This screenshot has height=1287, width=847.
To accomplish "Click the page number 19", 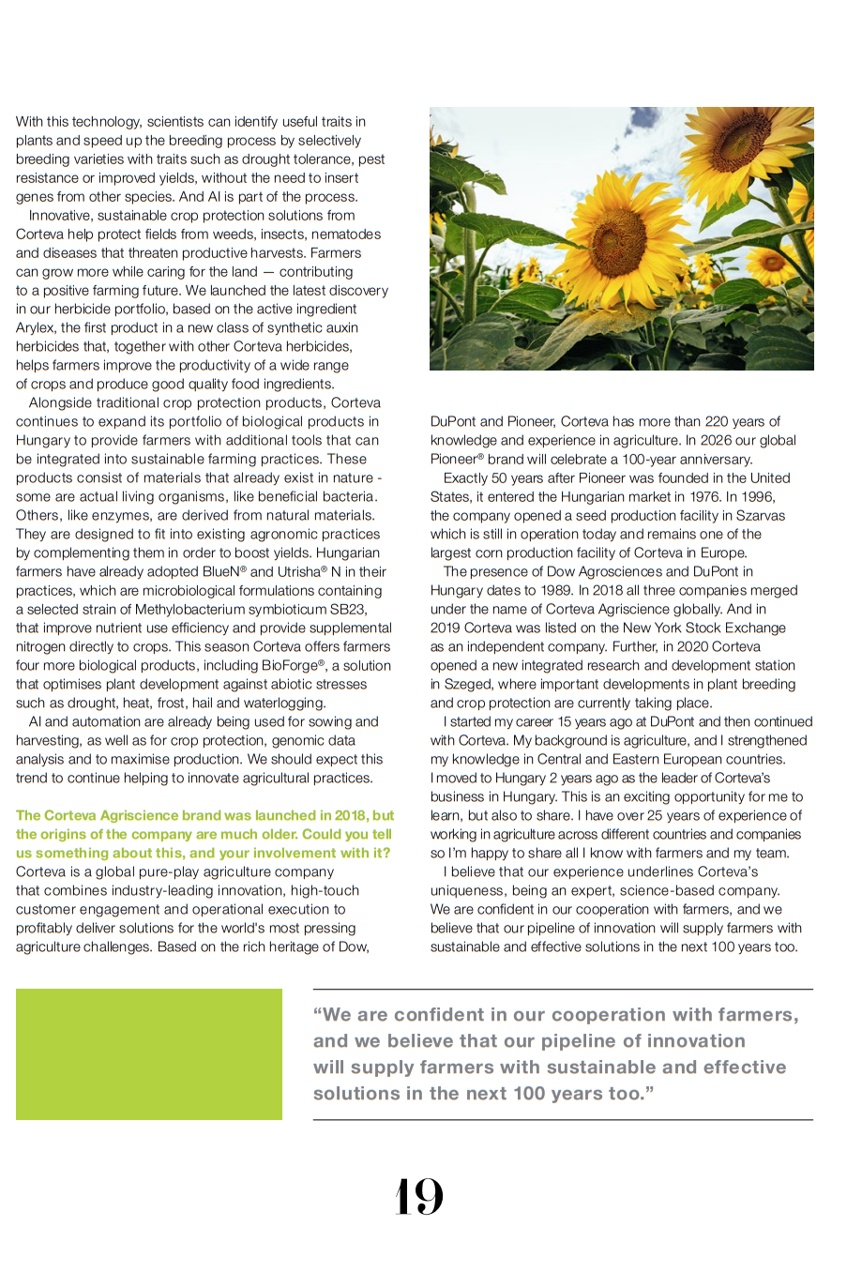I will point(418,1197).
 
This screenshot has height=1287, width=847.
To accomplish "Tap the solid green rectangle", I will point(149,1053).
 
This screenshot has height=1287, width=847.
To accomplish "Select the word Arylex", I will point(36,327).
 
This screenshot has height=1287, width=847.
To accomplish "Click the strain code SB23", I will point(348,609).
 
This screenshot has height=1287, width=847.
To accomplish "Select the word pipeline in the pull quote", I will point(577,1041).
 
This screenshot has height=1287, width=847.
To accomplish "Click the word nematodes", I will point(347,234).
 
